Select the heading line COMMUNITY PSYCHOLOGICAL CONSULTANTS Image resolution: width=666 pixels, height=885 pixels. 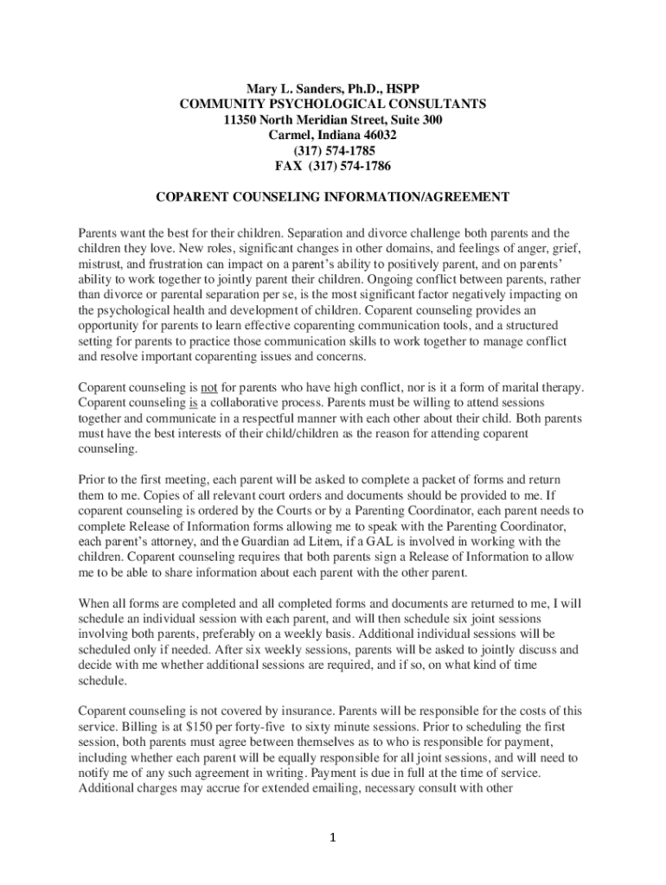333,105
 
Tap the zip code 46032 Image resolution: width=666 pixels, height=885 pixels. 377,136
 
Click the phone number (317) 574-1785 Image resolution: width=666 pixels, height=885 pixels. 333,151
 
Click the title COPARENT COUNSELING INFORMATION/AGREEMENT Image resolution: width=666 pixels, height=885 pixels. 332,198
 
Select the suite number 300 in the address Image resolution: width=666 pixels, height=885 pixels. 431,120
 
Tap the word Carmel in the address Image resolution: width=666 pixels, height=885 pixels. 290,136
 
